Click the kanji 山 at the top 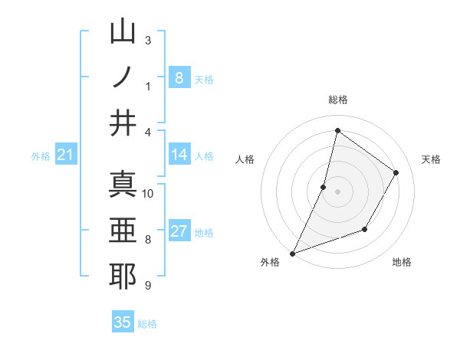point(123,33)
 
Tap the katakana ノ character point(123,78)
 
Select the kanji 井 point(123,123)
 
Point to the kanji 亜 point(123,231)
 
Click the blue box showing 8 point(179,77)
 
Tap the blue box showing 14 point(179,155)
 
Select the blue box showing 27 point(179,232)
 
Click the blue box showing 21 point(65,155)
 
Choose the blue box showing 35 point(123,322)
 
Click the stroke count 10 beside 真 point(148,193)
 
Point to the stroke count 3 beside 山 point(148,40)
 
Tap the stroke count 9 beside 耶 point(148,286)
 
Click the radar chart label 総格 point(337,100)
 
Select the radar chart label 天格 point(432,159)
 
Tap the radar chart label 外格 point(270,263)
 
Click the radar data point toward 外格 point(292,253)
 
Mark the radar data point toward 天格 point(396,172)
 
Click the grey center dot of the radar point(337,191)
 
